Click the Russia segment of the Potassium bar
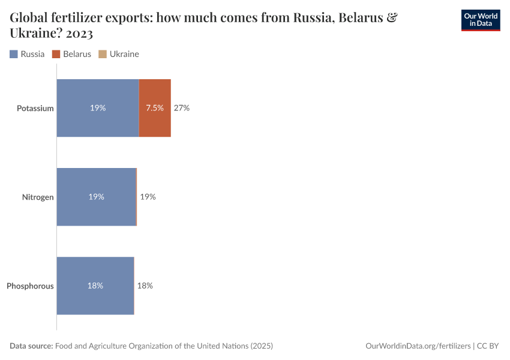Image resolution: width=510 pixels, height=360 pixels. pyautogui.click(x=98, y=108)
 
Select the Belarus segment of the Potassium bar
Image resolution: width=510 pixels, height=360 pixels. pyautogui.click(x=155, y=108)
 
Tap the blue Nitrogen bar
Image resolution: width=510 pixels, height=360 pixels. pyautogui.click(x=96, y=197)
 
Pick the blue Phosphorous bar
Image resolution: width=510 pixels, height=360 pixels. pyautogui.click(x=95, y=286)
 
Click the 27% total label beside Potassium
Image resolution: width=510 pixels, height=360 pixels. pyautogui.click(x=182, y=108)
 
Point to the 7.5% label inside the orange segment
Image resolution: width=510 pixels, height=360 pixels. pyautogui.click(x=155, y=108)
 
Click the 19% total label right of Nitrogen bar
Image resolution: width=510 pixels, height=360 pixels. pyautogui.click(x=148, y=197)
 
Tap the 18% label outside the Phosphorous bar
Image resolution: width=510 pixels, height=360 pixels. pyautogui.click(x=145, y=286)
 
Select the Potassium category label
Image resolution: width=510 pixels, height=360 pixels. pyautogui.click(x=35, y=109)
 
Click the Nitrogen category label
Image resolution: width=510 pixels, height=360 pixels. pyautogui.click(x=38, y=197)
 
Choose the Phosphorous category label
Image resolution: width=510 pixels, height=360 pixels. pyautogui.click(x=30, y=286)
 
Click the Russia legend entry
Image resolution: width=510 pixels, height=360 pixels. pyautogui.click(x=28, y=54)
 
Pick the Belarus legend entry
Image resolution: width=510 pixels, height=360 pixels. pyautogui.click(x=72, y=54)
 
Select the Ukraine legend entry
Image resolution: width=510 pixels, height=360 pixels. pyautogui.click(x=119, y=54)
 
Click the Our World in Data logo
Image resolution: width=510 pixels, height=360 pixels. pyautogui.click(x=480, y=20)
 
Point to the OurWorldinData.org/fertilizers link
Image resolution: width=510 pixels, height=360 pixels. pyautogui.click(x=418, y=346)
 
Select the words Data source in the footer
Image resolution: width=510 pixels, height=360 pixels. pyautogui.click(x=31, y=346)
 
